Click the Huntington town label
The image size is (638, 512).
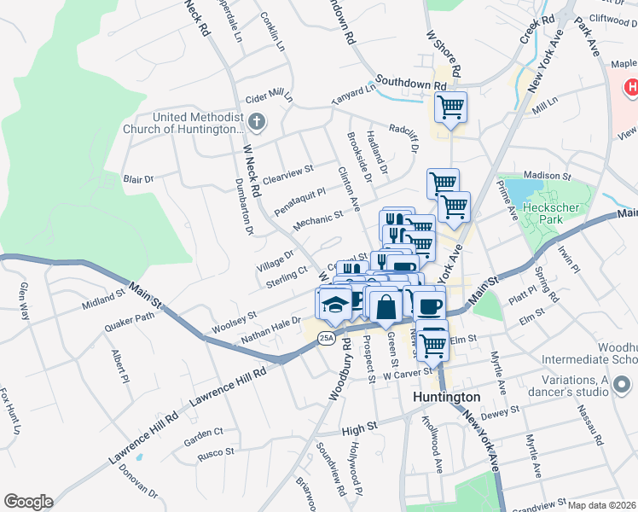tap(446, 398)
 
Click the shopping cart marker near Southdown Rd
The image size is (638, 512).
tap(449, 108)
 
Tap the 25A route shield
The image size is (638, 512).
tap(326, 339)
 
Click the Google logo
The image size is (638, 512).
tap(28, 502)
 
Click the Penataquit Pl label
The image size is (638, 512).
tap(299, 202)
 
